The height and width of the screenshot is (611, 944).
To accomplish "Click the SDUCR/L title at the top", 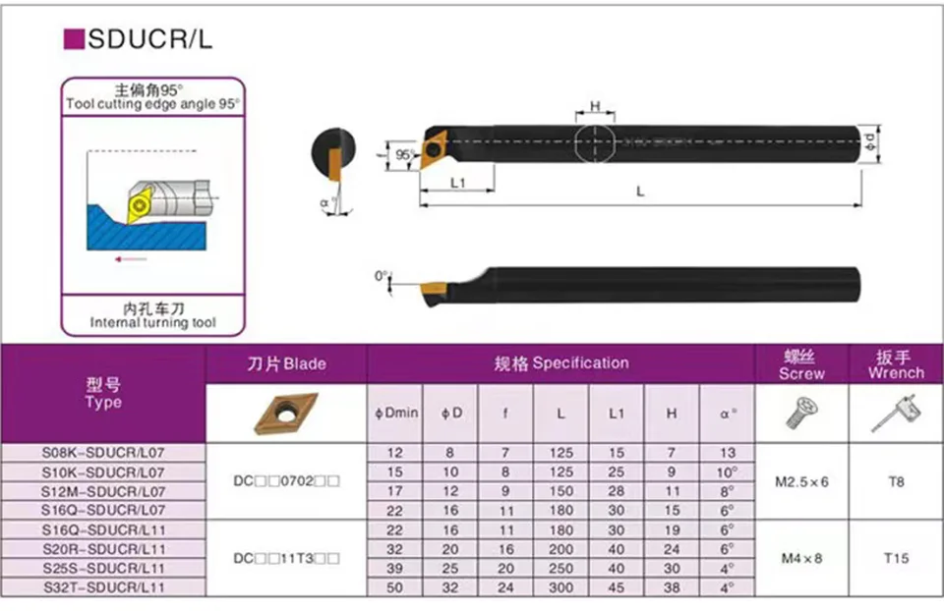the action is pos(149,39).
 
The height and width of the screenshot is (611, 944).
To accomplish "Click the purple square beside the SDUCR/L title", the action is pos(74,39).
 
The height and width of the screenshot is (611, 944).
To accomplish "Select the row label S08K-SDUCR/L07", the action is pos(103,452).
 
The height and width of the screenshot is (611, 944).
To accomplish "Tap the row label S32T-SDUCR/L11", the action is pos(103,587).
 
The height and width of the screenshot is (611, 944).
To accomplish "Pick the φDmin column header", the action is pos(396,414).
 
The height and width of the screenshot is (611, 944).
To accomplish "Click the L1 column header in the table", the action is pos(616,414).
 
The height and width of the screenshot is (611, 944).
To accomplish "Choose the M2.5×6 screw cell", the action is pos(801,481).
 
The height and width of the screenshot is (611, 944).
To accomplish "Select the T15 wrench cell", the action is pos(896,558).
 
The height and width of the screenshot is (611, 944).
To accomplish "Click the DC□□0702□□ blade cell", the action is pos(286,481).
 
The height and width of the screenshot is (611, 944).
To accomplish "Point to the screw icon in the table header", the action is pos(801,413).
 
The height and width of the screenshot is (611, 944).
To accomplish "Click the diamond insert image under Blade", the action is pos(286,414).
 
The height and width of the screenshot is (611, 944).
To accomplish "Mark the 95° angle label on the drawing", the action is pos(404,154).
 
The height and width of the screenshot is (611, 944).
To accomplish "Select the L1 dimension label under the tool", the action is pos(458,182).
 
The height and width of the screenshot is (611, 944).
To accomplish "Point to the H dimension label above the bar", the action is pos(595,106).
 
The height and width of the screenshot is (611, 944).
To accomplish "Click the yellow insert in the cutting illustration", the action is pos(140,204).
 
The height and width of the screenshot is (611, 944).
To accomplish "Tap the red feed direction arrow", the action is pos(131,259).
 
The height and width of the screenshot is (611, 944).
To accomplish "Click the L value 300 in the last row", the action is pos(560,587).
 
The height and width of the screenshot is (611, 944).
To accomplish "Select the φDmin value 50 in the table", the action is pos(395,587).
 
